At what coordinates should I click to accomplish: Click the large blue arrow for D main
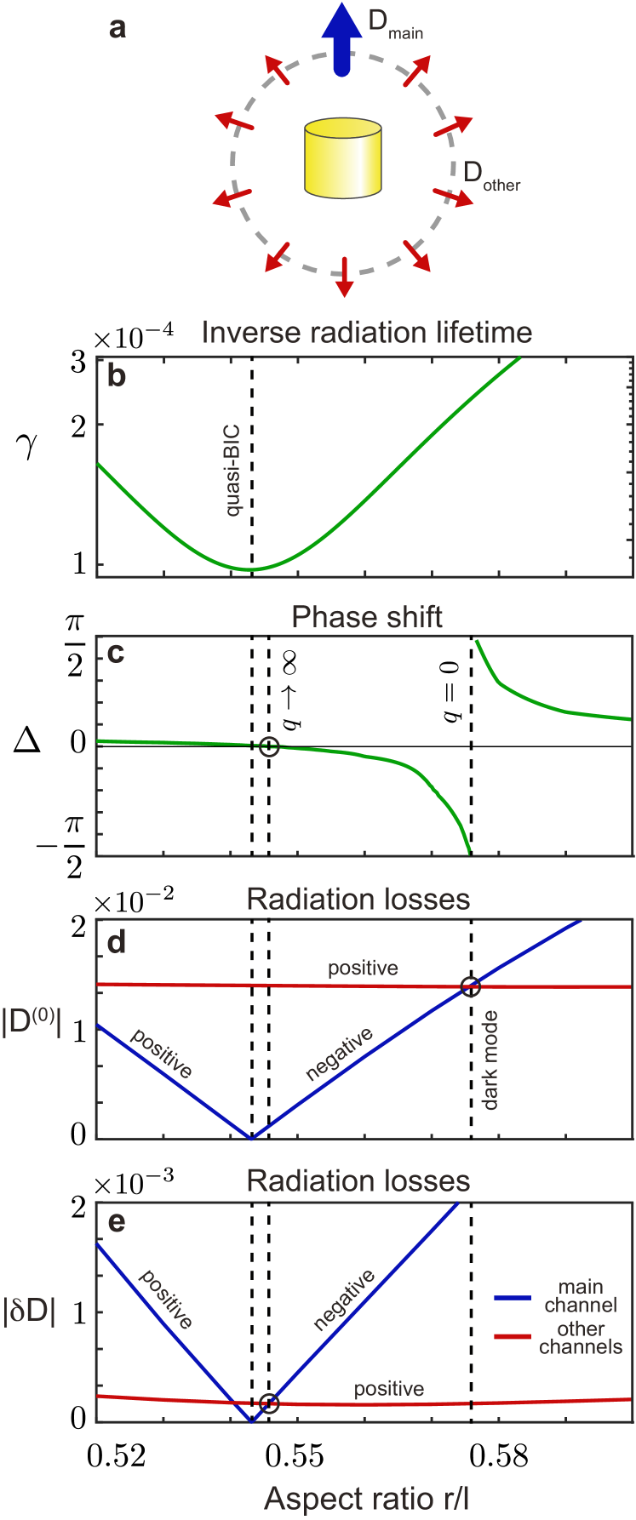(341, 38)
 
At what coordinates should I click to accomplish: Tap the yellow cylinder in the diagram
(342, 158)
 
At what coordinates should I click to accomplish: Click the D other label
(490, 175)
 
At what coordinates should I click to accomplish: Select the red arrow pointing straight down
(343, 277)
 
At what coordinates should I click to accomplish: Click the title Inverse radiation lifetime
(367, 332)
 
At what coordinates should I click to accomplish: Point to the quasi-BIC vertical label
(232, 471)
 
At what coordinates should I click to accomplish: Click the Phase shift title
(367, 617)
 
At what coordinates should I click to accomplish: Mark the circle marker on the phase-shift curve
(269, 746)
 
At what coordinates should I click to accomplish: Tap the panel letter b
(116, 376)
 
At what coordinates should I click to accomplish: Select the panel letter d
(116, 942)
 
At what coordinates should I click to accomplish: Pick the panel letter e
(117, 1222)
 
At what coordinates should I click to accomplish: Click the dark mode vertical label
(490, 1060)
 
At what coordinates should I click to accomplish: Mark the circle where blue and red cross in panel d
(470, 986)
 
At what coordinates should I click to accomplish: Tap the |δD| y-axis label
(30, 1311)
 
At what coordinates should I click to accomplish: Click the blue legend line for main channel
(513, 1298)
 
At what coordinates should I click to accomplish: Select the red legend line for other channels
(513, 1337)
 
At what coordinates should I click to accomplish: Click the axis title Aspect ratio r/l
(367, 1499)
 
